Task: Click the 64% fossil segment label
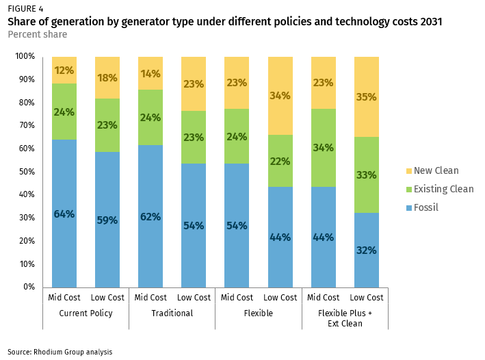click(64, 214)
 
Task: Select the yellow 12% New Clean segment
click(64, 70)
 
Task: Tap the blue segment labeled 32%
click(367, 250)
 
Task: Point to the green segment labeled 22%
click(280, 162)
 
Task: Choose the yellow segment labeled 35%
click(367, 97)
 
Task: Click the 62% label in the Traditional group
click(150, 217)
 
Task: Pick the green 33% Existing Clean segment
click(367, 175)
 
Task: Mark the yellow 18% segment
click(107, 78)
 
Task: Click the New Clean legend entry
click(430, 170)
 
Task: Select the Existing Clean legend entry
click(437, 189)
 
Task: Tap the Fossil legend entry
click(424, 207)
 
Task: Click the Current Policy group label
click(86, 313)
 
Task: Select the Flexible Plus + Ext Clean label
click(345, 318)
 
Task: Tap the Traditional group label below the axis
click(172, 313)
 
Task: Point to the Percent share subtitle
click(37, 34)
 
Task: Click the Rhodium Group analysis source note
click(60, 352)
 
